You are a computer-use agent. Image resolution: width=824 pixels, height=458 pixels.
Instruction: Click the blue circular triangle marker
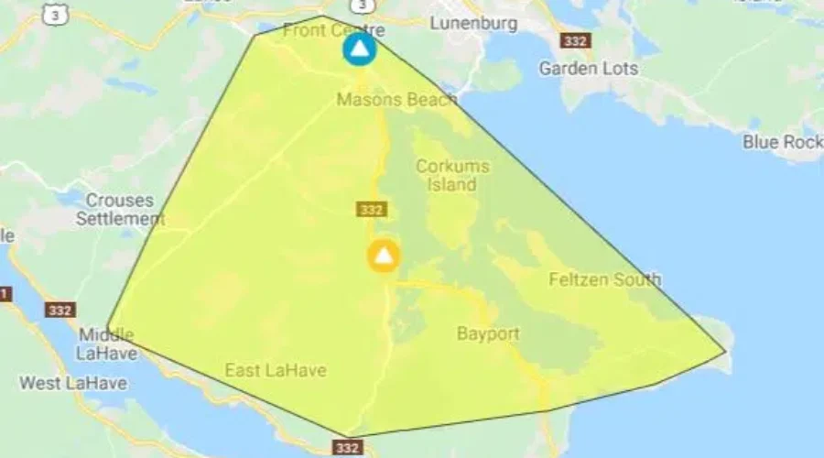pos(360,49)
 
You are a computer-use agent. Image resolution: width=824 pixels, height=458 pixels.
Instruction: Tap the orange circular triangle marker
pos(384,256)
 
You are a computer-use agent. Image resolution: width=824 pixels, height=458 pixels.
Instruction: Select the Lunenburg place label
pos(473,23)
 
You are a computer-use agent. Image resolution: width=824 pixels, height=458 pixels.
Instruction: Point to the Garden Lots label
pos(589,68)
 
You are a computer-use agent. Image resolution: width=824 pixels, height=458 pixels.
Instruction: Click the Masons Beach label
pos(396,100)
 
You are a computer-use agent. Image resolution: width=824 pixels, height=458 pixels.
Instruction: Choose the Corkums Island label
pos(452,175)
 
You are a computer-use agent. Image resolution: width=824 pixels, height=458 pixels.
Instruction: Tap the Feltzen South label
pos(604,279)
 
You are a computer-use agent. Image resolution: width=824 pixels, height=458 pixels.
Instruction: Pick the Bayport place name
pos(488,333)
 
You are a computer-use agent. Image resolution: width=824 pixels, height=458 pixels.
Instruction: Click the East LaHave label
pos(276,370)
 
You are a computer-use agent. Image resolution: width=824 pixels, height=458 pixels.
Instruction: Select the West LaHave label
pos(73,383)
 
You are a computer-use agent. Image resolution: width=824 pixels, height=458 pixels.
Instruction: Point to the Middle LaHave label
pos(106,343)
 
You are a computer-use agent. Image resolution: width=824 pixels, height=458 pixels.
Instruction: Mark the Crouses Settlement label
pos(119,210)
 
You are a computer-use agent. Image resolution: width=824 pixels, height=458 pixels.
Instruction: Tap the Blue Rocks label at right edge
pos(782,142)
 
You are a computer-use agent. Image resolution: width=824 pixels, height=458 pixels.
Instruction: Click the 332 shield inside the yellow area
pos(372,210)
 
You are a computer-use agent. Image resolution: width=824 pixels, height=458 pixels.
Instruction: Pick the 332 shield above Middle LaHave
pos(60,310)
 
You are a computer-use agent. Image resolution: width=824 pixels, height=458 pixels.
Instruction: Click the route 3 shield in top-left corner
pos(59,13)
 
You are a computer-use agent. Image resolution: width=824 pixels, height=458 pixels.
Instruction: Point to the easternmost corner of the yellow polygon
pos(726,352)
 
